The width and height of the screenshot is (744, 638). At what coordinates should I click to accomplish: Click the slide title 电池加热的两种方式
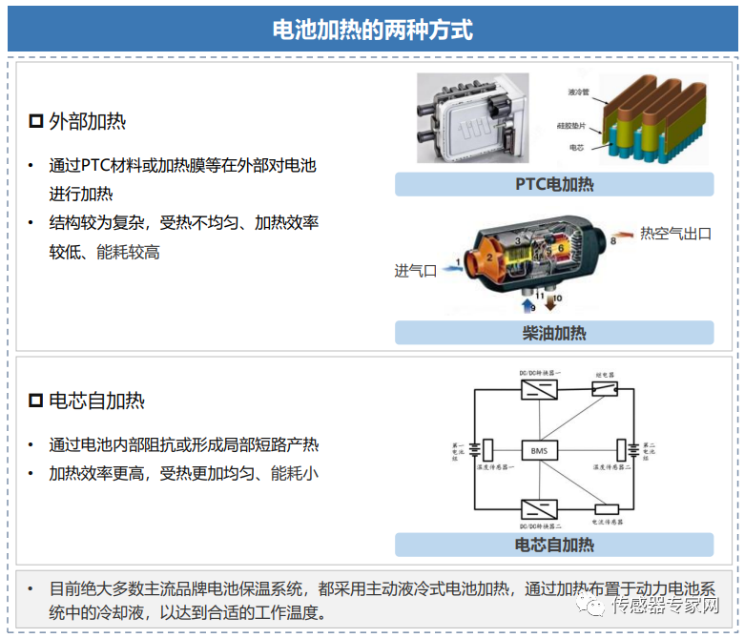tap(372, 30)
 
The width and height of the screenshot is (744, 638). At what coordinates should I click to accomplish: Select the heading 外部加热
tap(87, 121)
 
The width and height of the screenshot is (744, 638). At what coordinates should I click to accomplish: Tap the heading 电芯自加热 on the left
tap(96, 401)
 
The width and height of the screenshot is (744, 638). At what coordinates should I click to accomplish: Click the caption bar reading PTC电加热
tap(553, 184)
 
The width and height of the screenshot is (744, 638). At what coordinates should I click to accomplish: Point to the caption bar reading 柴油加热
tap(553, 333)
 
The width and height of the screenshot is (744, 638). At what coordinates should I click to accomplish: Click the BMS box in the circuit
tap(541, 449)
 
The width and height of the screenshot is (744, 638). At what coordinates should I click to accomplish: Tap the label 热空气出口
tap(675, 234)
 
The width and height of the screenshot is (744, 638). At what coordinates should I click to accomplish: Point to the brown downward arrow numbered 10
tap(551, 303)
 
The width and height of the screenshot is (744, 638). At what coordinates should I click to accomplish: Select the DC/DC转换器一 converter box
tap(541, 389)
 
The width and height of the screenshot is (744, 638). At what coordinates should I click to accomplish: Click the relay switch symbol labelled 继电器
tap(605, 388)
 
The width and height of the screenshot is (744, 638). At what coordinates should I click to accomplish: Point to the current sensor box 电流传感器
tap(606, 509)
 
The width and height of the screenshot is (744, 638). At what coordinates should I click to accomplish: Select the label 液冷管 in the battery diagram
tap(578, 93)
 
